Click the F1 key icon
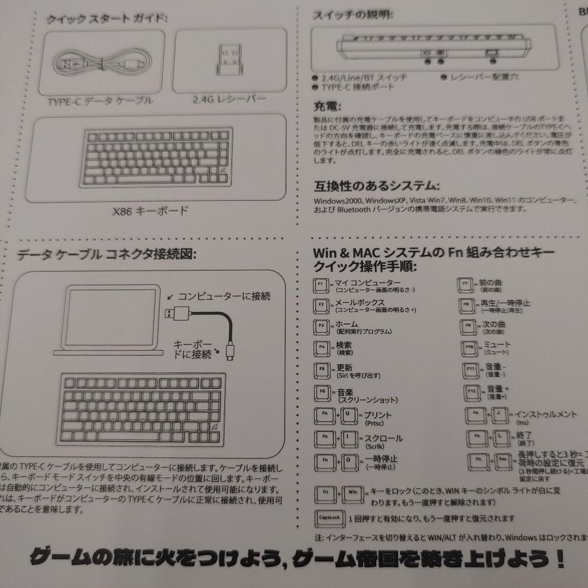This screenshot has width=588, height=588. click(x=320, y=285)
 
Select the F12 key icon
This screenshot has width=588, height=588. click(x=471, y=391)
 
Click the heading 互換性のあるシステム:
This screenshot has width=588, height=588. click(x=376, y=186)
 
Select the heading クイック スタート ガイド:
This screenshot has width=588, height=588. click(x=107, y=20)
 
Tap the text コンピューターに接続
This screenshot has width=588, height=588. click(x=224, y=296)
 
